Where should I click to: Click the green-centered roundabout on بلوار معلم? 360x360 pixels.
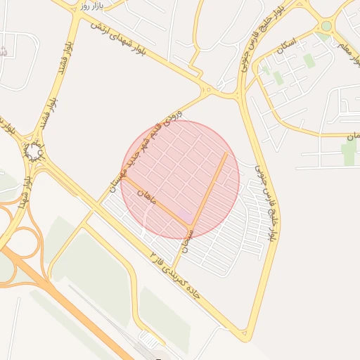coord(326,27)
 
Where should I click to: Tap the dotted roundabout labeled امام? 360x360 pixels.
coord(34,150)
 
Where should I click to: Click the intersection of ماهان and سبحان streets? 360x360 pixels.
coord(191,226)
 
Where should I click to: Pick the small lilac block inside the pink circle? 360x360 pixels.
coord(184,213)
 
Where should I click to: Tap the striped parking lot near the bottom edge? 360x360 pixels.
coord(149,340)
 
